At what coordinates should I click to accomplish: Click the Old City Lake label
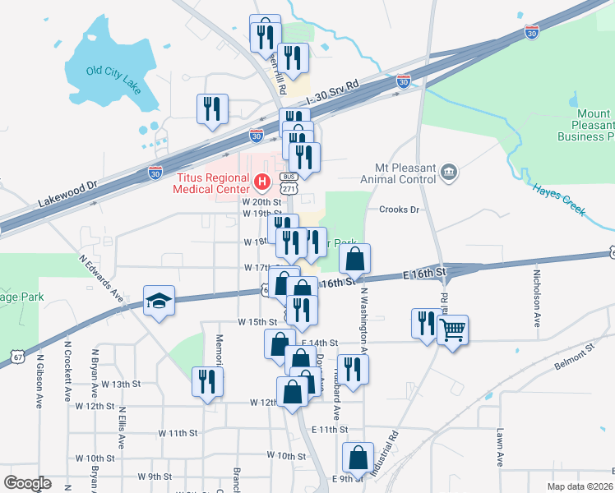click(x=112, y=71)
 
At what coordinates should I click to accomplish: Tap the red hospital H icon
click(x=262, y=181)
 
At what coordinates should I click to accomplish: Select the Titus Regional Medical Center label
click(x=213, y=182)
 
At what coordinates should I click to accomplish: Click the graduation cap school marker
click(x=159, y=302)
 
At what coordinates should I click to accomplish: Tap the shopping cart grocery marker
click(x=452, y=330)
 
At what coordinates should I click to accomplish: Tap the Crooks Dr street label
click(x=399, y=210)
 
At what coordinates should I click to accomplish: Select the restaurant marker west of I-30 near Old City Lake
click(x=212, y=108)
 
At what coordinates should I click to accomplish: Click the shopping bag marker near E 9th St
click(x=358, y=458)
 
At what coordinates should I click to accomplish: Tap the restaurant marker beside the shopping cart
click(x=426, y=322)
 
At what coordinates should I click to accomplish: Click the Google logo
click(x=26, y=483)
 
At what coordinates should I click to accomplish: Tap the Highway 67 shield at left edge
click(x=17, y=354)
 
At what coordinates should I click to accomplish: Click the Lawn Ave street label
click(x=499, y=448)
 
